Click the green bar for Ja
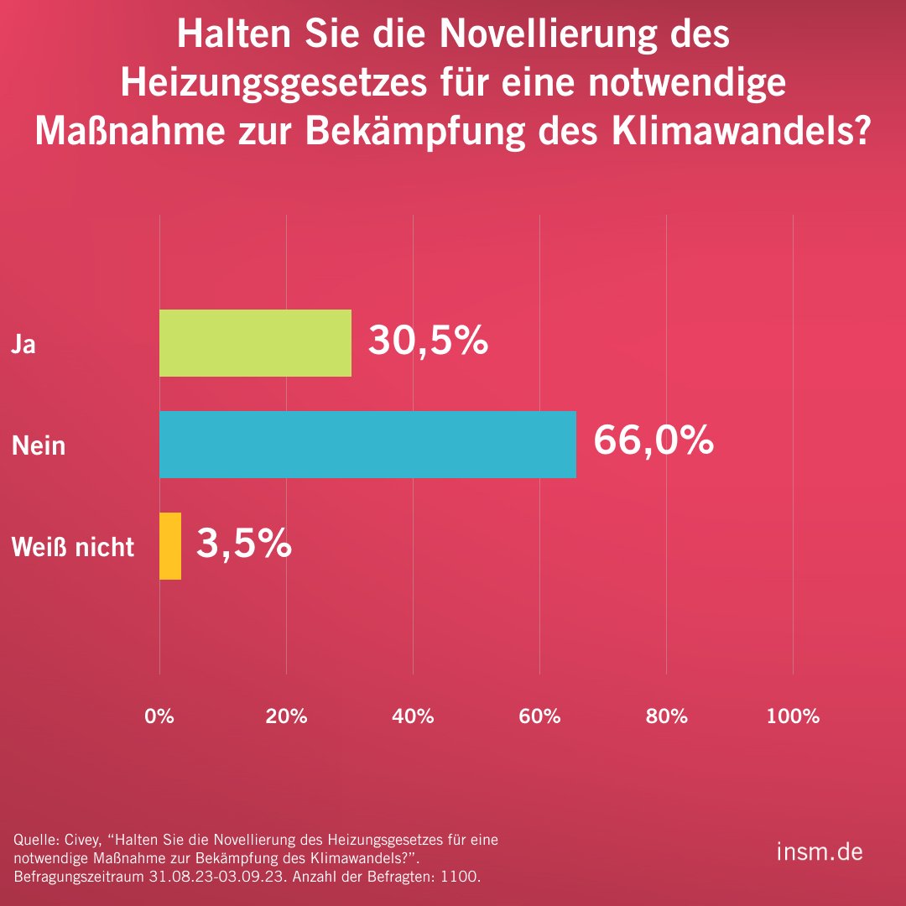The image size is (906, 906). [255, 343]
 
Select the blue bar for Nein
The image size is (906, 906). [367, 445]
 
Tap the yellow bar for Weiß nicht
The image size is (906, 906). [170, 546]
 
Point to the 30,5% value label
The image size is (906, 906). [428, 341]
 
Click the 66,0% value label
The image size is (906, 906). [653, 441]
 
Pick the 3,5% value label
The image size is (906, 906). [243, 544]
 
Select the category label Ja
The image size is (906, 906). [23, 344]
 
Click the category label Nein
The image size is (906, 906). [39, 445]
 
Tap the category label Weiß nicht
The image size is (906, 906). [73, 547]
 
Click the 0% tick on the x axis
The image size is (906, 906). [159, 716]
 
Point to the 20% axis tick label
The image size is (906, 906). [286, 716]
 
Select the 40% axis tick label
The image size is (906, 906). [413, 716]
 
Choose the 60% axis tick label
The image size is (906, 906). [539, 716]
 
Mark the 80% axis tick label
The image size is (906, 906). [666, 716]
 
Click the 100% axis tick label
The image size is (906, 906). [793, 716]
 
